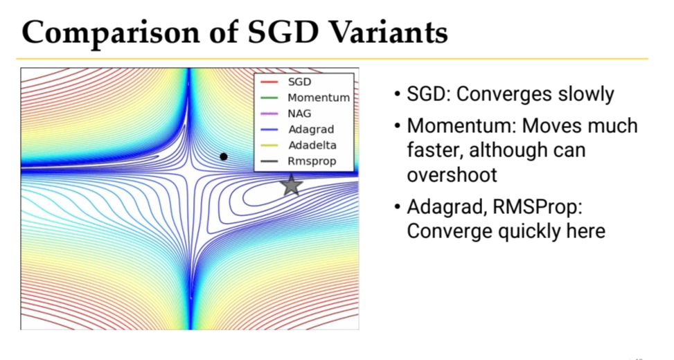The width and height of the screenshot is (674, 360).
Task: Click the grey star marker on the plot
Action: pos(292,185)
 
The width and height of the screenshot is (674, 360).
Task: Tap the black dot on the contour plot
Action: pos(224,156)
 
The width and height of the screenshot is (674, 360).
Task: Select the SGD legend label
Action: pos(300,82)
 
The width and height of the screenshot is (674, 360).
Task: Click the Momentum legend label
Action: pos(319,98)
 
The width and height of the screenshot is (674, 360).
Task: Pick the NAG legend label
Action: pos(299,114)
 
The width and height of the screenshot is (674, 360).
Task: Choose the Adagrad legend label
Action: pos(311,129)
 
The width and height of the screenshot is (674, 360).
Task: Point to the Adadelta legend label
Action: pos(312,145)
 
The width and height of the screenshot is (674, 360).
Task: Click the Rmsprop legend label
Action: pos(312,161)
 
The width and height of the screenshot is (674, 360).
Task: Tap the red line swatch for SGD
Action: pos(269,82)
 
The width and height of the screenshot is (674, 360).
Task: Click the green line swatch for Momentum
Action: pos(269,98)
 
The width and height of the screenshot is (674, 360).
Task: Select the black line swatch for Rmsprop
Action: pos(269,161)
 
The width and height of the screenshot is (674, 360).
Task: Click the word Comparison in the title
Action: pos(110,33)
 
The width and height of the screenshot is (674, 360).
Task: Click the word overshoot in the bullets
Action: pos(452,175)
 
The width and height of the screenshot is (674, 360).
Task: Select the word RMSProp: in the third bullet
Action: pos(538,207)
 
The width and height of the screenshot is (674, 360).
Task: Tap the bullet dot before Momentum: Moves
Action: pos(398,126)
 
